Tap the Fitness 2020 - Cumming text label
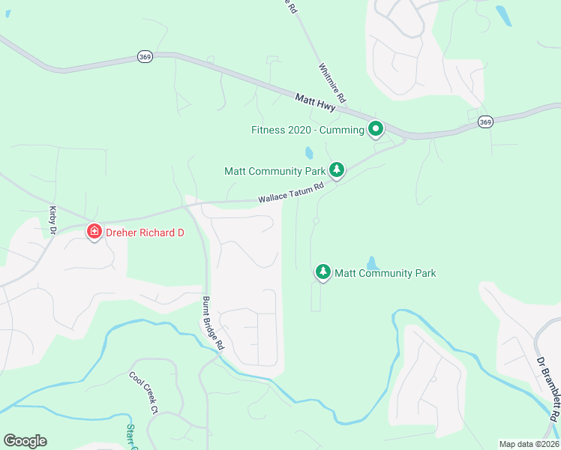307,130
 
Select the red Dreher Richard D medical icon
94,232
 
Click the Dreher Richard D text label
144,232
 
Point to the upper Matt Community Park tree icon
337,170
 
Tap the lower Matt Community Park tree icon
322,272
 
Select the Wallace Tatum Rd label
291,193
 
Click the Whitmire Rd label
331,82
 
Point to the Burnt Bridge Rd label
213,324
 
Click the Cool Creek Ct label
143,394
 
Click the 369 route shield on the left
145,56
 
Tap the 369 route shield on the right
486,122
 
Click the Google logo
25,441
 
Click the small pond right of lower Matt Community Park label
372,262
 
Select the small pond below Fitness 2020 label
308,153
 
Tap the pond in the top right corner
504,15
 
